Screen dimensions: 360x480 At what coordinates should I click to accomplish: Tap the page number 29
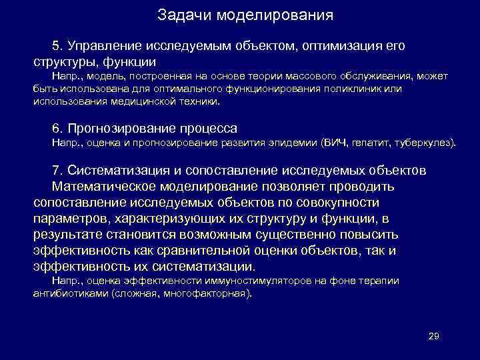[433, 335]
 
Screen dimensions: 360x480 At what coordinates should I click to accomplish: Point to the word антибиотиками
[71, 293]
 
